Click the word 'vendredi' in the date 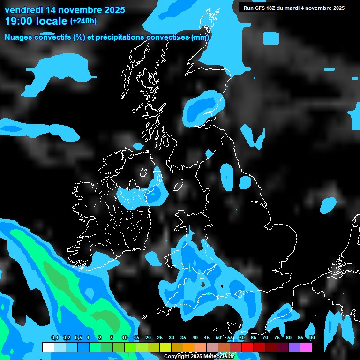point(22,10)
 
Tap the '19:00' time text point(18,21)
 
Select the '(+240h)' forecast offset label point(83,21)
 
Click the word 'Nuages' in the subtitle point(19,37)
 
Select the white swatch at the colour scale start point(48,347)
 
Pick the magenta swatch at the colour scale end point(306,347)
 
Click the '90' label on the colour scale point(312,337)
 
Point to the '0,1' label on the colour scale point(54,337)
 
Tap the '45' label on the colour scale point(207,337)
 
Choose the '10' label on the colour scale point(125,337)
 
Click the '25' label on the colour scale point(160,337)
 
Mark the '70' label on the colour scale point(265,337)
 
